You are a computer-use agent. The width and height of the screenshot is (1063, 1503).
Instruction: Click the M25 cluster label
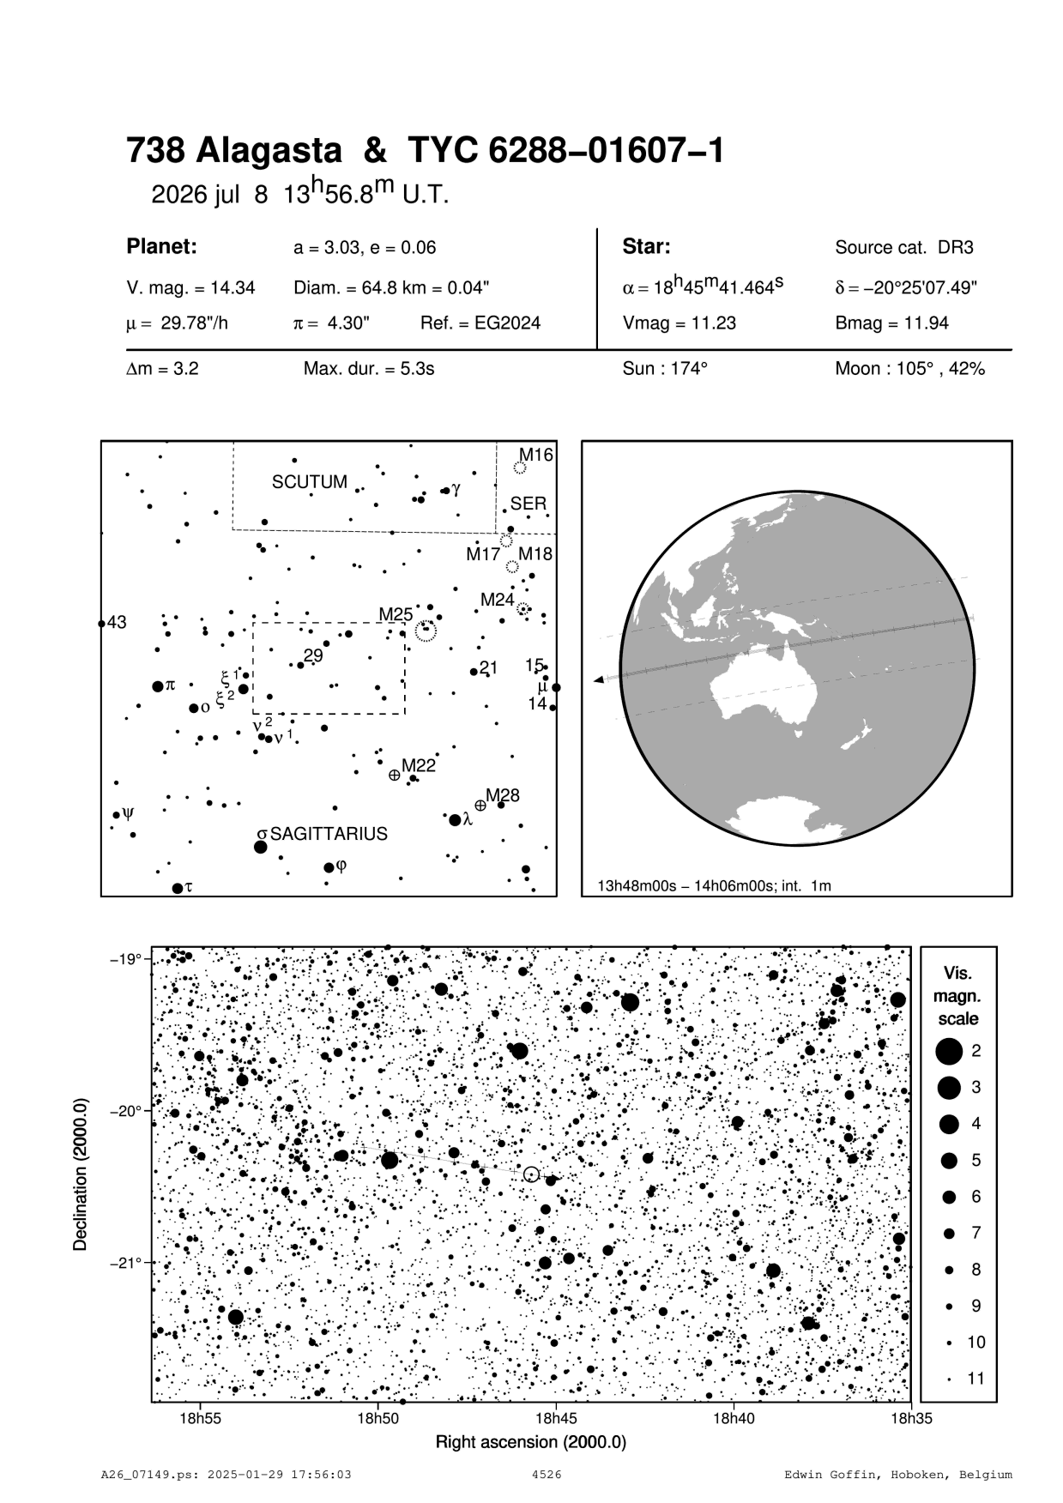pos(396,614)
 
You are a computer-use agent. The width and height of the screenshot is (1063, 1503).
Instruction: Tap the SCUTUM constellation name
pos(309,482)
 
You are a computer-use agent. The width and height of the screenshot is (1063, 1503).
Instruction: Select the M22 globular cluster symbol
pos(394,775)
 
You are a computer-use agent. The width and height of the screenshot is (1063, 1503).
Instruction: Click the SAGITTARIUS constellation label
pos(329,834)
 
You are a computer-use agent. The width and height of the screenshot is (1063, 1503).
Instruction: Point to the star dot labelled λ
pos(455,819)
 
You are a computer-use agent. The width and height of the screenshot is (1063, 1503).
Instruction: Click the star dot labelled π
pos(157,686)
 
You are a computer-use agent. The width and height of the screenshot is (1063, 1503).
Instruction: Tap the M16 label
pos(535,455)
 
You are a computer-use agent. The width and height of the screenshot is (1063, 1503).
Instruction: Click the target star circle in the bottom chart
pos(531,1174)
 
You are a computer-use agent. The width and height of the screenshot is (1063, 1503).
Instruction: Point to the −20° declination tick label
pos(125,1111)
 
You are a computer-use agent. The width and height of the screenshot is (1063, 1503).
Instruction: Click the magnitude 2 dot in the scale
pos(949,1050)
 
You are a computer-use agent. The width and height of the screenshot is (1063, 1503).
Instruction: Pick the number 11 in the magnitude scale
pos(975,1379)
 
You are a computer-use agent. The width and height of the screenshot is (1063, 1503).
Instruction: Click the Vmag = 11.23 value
pos(679,323)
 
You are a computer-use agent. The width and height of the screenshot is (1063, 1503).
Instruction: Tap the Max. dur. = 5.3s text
pos(369,370)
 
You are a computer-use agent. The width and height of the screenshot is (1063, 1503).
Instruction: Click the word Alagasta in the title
pos(269,152)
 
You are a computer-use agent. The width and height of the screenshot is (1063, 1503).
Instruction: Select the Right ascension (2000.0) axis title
pos(531,1442)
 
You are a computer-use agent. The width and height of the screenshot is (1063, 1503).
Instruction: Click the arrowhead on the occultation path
pos(598,680)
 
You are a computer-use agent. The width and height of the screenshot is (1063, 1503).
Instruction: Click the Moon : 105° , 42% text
pos(909,370)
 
